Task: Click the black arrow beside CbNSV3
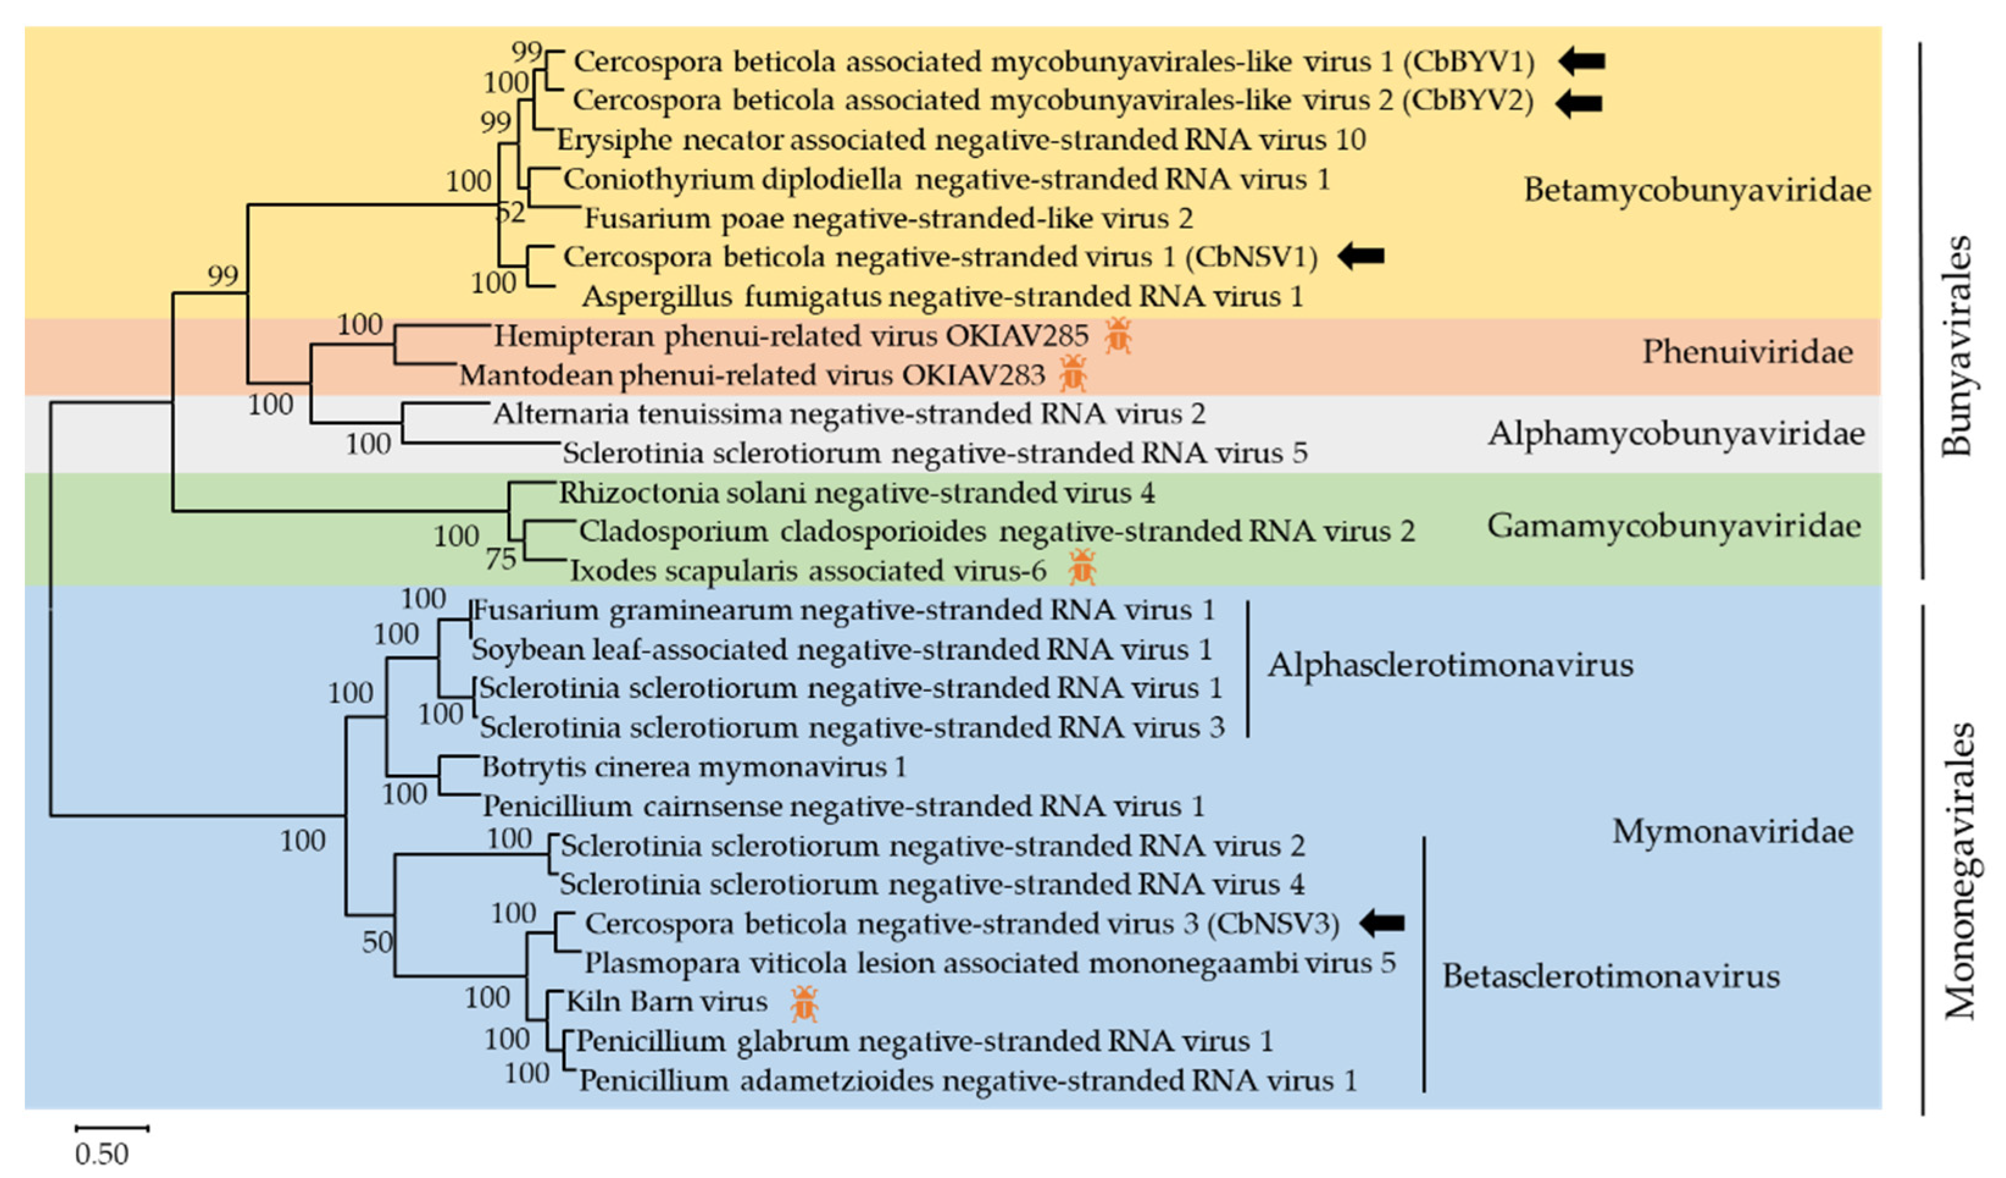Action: pyautogui.click(x=1381, y=923)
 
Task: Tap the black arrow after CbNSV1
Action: pyautogui.click(x=1360, y=256)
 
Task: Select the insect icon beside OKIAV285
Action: pyautogui.click(x=1118, y=336)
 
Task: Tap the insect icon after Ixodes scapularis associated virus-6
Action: pyautogui.click(x=1082, y=568)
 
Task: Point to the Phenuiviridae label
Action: pyautogui.click(x=1747, y=352)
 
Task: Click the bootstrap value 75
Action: pyautogui.click(x=501, y=560)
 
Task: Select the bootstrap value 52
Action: pyautogui.click(x=511, y=213)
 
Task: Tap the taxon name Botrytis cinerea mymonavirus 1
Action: pyautogui.click(x=693, y=767)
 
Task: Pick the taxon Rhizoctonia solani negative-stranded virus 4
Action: pyautogui.click(x=857, y=493)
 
